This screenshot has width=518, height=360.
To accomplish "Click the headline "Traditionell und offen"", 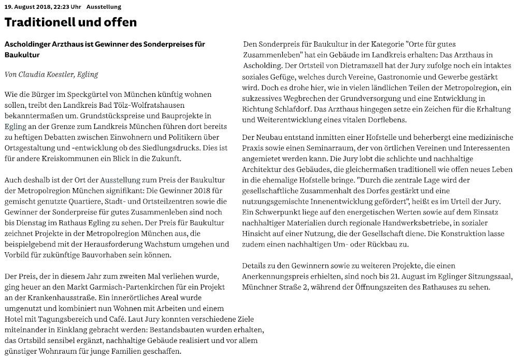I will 70,22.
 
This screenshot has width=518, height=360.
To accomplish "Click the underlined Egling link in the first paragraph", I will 12,126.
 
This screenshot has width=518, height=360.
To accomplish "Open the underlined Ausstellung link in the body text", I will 120,180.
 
